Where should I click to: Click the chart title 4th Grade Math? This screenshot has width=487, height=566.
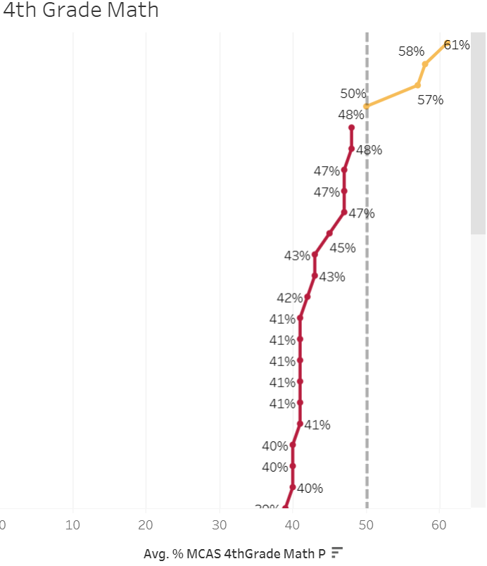click(81, 11)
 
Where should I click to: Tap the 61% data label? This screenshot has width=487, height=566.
click(457, 45)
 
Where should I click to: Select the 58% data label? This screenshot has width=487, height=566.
click(411, 51)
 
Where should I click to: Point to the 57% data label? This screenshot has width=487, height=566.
click(430, 100)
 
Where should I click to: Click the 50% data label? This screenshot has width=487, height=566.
click(353, 94)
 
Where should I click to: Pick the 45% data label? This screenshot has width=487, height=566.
click(343, 248)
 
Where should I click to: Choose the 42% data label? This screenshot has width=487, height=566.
click(290, 298)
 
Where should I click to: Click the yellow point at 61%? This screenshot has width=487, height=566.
click(447, 44)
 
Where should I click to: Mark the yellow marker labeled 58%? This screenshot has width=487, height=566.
click(425, 64)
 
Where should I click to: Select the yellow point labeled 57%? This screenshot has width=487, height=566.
click(418, 85)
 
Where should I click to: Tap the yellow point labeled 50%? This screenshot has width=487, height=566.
click(367, 106)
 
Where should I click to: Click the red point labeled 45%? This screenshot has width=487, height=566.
click(329, 233)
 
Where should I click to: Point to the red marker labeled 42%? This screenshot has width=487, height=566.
click(308, 296)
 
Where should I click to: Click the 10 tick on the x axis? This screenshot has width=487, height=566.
click(72, 524)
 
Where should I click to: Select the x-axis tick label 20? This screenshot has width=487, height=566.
click(146, 524)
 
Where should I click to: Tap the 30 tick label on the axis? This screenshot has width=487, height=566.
click(220, 524)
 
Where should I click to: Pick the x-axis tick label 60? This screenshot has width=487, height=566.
click(440, 524)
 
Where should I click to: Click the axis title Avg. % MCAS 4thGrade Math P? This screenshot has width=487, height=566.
click(234, 553)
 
